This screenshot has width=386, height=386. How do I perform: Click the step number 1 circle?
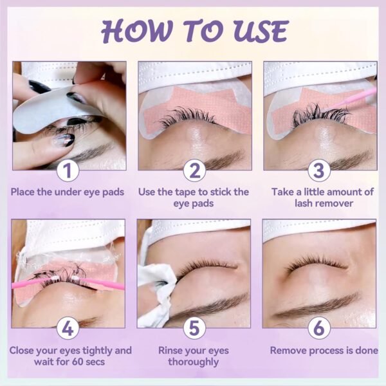pos(68,171)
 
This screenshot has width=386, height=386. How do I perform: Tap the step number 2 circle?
pos(194,171)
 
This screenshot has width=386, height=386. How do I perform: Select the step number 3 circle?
pos(319,171)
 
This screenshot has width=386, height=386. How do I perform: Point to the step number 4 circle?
pos(68,329)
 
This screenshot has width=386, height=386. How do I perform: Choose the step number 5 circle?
pos(194,329)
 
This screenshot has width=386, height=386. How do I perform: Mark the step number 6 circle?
pos(319,329)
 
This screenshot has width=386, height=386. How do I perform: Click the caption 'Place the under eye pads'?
pos(68,191)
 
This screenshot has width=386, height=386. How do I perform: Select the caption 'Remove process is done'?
pos(319,351)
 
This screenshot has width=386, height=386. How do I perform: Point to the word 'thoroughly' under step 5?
pos(194,362)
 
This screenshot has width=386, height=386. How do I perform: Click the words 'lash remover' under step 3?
pos(319,203)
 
